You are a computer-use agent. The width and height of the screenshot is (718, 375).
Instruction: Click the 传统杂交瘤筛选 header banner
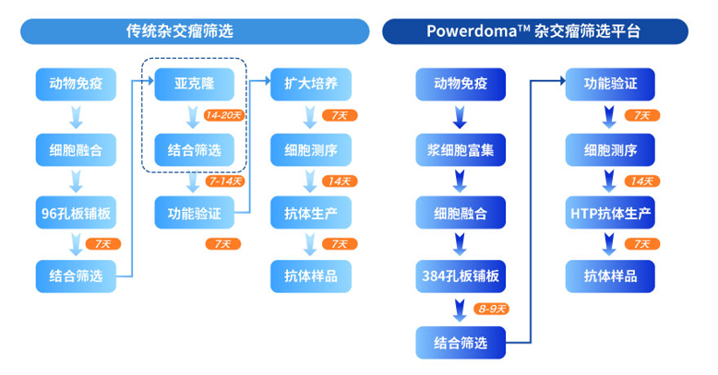coord(195,31)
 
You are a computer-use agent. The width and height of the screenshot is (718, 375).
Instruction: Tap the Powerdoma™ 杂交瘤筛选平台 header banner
coord(535,31)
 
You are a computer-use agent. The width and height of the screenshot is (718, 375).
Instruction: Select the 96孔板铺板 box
coord(76,213)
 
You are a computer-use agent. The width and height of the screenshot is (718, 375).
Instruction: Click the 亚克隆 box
coord(194,84)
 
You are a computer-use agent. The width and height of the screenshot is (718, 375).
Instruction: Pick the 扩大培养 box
coord(311,84)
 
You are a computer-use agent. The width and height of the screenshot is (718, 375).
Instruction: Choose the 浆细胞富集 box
coord(461,149)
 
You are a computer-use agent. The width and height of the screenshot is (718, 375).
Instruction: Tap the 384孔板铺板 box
coord(461,276)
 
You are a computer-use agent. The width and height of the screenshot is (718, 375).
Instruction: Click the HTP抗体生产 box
coord(610,213)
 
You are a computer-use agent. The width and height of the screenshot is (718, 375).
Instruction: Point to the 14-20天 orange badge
coord(223,115)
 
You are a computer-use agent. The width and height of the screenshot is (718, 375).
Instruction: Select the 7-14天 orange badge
coord(224,182)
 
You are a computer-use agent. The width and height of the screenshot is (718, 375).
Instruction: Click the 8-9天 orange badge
coord(491,310)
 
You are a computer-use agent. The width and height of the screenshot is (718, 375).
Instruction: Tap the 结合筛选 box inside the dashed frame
coord(194,149)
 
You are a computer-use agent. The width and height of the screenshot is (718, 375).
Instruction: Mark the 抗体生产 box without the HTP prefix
coord(311,213)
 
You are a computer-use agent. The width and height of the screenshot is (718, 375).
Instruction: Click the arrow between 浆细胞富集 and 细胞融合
coord(460,182)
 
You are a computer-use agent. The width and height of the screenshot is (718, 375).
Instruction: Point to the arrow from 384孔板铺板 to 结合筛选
coord(460,311)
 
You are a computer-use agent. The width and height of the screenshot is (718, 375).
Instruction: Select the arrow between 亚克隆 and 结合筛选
coord(193,118)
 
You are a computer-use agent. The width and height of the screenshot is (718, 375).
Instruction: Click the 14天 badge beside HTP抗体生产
coord(642,182)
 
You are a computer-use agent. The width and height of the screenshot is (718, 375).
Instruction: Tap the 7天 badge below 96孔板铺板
coord(103,244)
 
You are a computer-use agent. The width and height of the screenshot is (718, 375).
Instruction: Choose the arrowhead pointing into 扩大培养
coord(268,81)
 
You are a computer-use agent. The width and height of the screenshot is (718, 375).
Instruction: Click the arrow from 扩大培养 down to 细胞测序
coord(310,118)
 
